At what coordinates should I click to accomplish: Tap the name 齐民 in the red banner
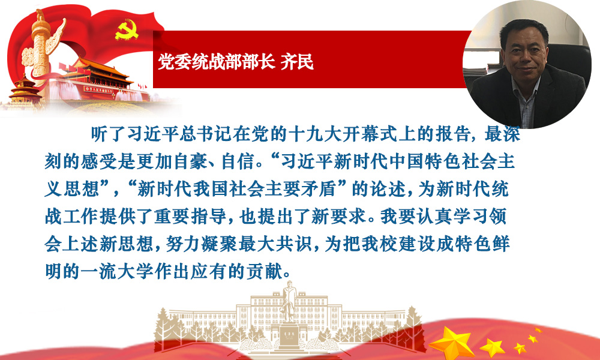[x=298, y=62]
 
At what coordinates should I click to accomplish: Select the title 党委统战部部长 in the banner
[x=216, y=62]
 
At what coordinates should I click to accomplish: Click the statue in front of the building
[x=289, y=302]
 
